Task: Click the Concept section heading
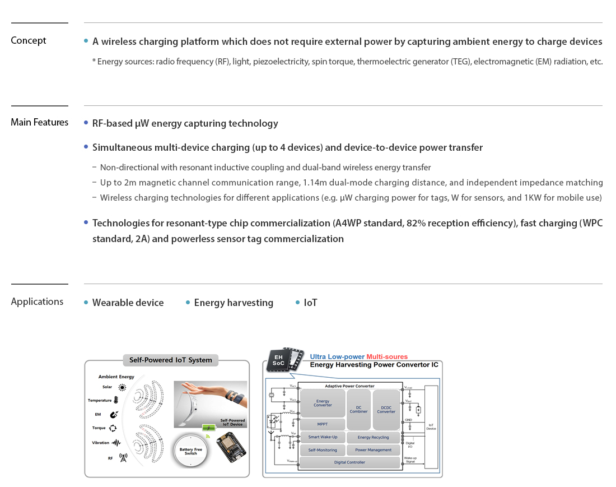point(29,40)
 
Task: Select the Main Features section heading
point(40,122)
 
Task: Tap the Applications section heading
point(37,302)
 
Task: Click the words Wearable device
point(128,303)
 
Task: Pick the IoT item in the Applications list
point(310,303)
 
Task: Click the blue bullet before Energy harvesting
point(188,303)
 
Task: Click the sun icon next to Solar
point(122,387)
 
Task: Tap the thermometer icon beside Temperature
point(116,400)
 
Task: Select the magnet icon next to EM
point(114,415)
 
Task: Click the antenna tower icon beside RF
point(123,457)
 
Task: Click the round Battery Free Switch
point(191,452)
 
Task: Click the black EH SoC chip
point(278,360)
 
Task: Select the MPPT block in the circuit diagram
point(323,424)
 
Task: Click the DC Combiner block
point(359,409)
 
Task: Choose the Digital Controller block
point(349,462)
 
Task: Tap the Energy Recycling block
point(373,437)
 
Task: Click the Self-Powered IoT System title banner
point(170,360)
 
